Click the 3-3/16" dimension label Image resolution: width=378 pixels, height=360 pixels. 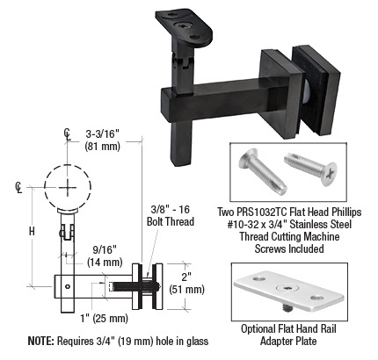(103, 134)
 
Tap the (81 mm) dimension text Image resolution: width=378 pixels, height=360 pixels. (103, 146)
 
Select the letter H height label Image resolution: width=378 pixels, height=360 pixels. (32, 232)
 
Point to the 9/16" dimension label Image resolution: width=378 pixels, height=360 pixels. (105, 250)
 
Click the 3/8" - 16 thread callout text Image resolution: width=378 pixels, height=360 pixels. (171, 210)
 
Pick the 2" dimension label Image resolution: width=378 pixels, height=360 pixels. (186, 277)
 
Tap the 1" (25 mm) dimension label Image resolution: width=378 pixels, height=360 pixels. (105, 318)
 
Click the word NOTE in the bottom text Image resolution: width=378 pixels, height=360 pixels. (40, 341)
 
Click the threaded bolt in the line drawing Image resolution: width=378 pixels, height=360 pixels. (134, 286)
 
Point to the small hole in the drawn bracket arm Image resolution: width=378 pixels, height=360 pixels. (68, 286)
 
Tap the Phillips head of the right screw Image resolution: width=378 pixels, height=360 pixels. (329, 174)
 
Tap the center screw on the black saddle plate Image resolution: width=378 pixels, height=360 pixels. (183, 25)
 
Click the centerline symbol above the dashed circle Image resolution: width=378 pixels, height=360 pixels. (67, 134)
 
